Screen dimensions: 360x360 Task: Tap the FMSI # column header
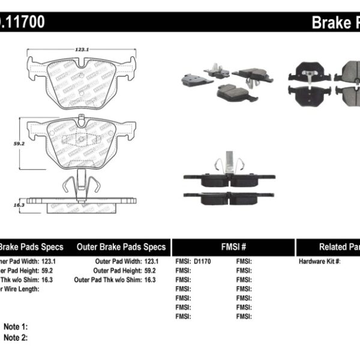(232, 247)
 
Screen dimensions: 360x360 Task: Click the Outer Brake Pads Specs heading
(121, 247)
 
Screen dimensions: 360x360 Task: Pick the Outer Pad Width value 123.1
(149, 262)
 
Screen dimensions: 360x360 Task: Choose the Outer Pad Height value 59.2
(149, 271)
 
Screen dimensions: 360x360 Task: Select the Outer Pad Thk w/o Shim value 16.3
(149, 280)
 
